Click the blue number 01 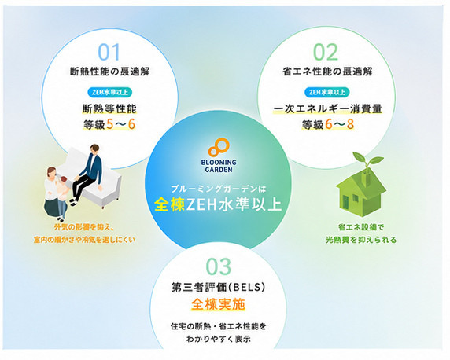109,52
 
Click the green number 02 326,52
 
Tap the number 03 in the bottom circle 219,266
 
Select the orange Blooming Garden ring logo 219,148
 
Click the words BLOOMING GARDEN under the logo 219,166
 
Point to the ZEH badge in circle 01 110,93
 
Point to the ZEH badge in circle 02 327,93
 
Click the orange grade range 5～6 120,124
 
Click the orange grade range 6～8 340,124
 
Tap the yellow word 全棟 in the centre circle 169,204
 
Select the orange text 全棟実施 218,304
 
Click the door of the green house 345,202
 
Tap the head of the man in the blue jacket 94,149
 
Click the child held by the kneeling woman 63,188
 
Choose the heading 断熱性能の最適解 110,72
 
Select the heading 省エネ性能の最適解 327,72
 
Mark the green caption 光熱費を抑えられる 361,240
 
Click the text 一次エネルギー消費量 327,109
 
